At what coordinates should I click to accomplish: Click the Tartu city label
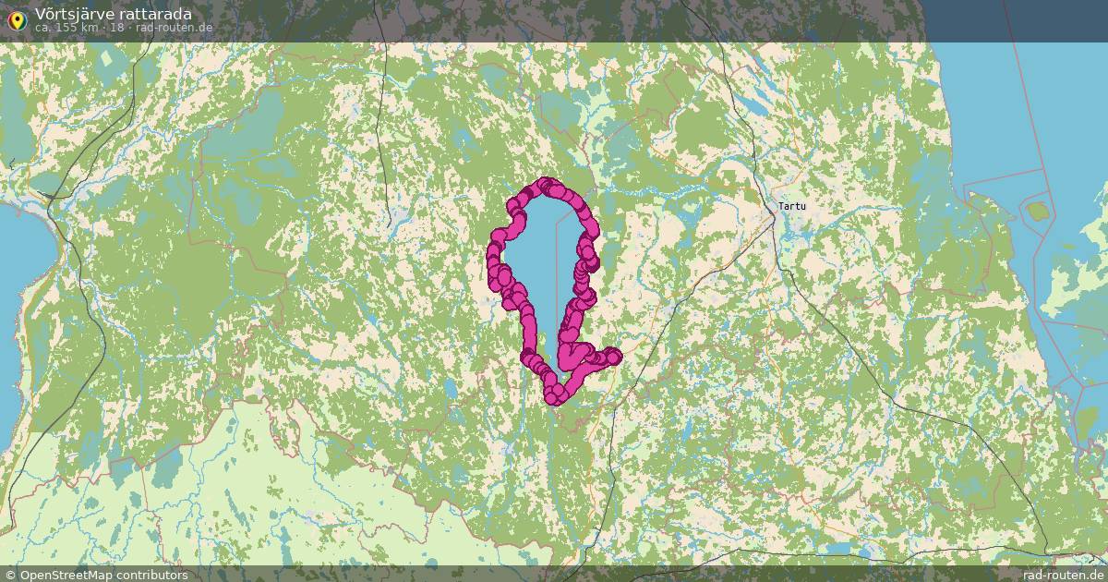(x=791, y=206)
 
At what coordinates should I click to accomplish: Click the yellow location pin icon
(x=16, y=20)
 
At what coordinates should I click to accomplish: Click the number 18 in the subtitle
(x=117, y=27)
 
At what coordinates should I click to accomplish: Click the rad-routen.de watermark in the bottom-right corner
(x=1063, y=575)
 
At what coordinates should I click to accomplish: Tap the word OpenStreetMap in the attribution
(x=70, y=575)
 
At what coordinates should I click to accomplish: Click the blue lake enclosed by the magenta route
(x=540, y=268)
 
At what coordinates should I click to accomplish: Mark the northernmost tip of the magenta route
(x=546, y=182)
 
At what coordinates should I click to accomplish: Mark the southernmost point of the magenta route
(x=555, y=399)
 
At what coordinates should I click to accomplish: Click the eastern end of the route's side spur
(x=613, y=356)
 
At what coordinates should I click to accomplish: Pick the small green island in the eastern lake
(x=1038, y=212)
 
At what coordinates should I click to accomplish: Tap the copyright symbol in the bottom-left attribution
(x=10, y=575)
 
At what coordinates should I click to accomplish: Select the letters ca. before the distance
(x=43, y=27)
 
